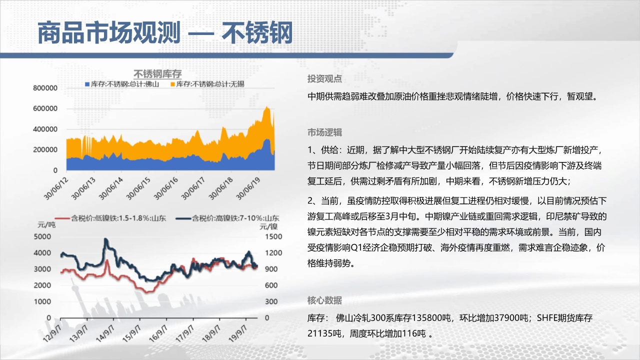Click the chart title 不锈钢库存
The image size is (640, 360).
point(157,74)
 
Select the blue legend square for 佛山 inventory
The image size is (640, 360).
point(87,84)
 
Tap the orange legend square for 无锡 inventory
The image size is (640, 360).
point(172,84)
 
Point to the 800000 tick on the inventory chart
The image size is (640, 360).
point(45,88)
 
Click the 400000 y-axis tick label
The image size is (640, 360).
point(45,129)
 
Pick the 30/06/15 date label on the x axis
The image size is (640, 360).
point(138,188)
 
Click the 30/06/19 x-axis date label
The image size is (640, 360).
point(248,188)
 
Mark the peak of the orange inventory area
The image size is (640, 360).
point(266,107)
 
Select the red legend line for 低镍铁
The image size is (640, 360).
point(62,218)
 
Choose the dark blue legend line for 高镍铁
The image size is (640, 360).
point(183,218)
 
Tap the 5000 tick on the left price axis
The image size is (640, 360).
point(42,236)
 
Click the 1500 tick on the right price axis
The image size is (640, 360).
point(273,236)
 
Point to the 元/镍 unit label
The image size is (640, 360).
point(268,227)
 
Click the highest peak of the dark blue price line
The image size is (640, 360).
point(106,239)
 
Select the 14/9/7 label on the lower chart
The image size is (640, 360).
point(105,333)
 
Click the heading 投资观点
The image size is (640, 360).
point(324,79)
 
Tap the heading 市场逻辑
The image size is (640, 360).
point(324,132)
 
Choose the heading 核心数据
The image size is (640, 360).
point(324,300)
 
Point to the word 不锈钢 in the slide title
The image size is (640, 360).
point(257,32)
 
